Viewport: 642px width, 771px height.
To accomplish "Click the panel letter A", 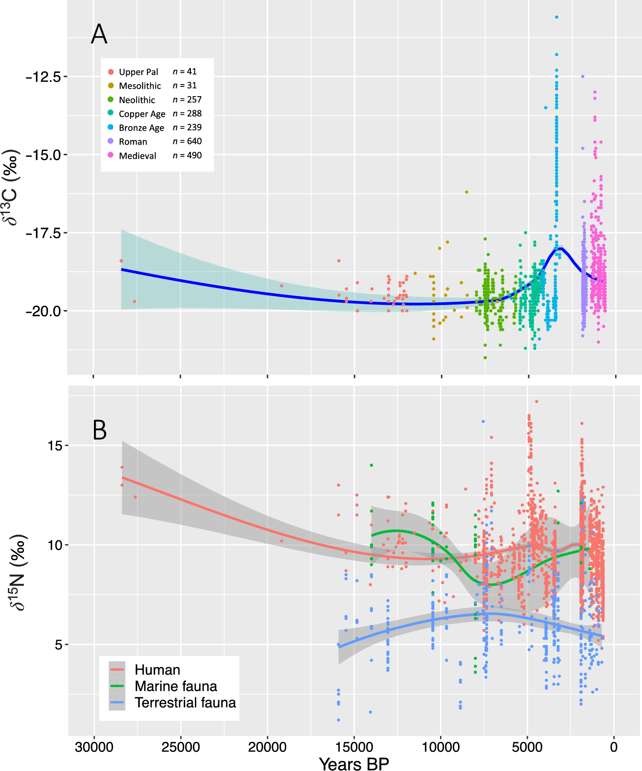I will click(x=99, y=34).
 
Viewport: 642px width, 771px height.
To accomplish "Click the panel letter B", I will click(x=100, y=430).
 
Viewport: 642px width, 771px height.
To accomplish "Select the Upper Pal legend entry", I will click(x=138, y=72).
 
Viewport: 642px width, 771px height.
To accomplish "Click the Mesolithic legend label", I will click(x=140, y=86).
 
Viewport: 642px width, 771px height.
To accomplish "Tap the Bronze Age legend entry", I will click(x=141, y=128).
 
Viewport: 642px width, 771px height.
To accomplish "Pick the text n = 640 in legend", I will click(x=187, y=141).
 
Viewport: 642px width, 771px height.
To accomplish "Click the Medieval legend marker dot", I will click(x=111, y=155).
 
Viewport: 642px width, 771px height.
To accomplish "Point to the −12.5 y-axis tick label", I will click(x=43, y=77).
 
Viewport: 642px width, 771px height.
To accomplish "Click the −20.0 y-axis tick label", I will click(x=43, y=311).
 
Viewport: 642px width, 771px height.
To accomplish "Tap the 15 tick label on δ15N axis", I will click(x=55, y=445).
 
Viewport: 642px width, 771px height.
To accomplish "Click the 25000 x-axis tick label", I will click(x=181, y=747).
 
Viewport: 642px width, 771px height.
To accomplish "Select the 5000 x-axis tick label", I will click(x=527, y=747).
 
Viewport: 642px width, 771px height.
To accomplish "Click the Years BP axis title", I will click(x=354, y=764).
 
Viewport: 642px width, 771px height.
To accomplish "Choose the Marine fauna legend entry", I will click(x=175, y=686).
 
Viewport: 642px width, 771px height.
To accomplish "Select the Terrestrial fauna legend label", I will click(x=185, y=703).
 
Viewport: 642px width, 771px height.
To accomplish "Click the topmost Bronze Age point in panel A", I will click(x=556, y=17).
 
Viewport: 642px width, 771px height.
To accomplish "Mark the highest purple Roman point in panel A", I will click(x=582, y=76).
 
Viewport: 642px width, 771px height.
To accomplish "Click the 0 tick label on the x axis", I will click(x=613, y=747).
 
